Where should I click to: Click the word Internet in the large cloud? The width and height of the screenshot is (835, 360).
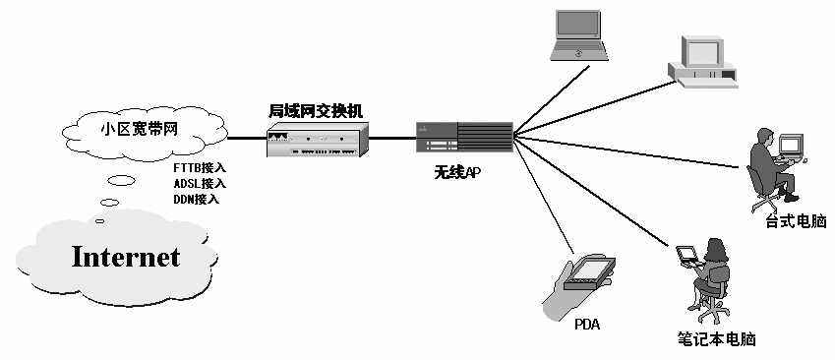(125, 258)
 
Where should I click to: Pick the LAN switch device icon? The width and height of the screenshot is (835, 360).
(315, 143)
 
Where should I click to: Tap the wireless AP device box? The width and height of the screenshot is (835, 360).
(463, 137)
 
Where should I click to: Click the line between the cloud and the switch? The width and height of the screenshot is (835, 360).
(246, 137)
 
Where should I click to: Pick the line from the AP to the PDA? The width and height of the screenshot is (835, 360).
(542, 196)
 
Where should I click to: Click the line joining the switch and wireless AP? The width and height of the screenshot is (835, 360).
(392, 137)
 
